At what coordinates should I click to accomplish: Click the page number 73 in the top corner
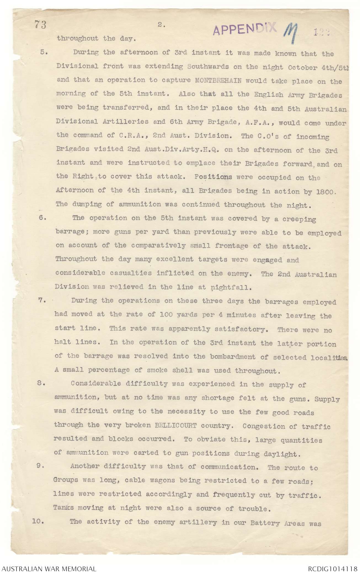click(40, 25)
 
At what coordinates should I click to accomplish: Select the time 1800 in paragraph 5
click(324, 192)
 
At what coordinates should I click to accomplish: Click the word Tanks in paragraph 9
click(63, 508)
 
